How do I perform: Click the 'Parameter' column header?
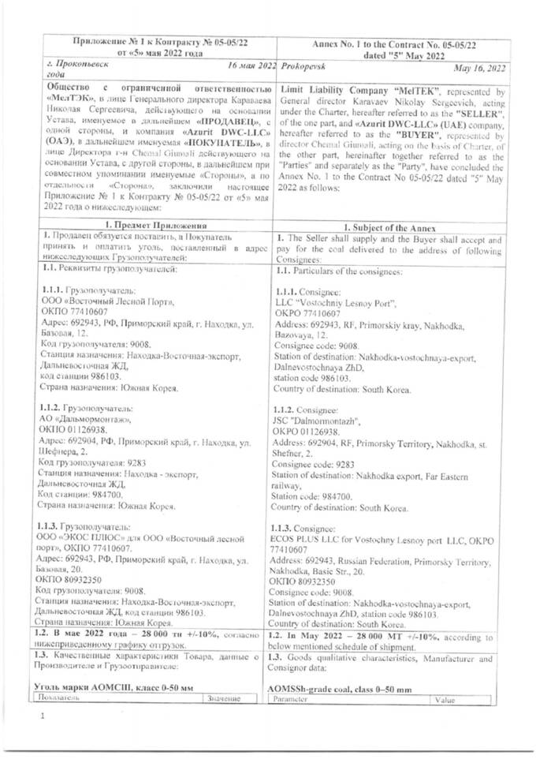click(293, 699)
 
